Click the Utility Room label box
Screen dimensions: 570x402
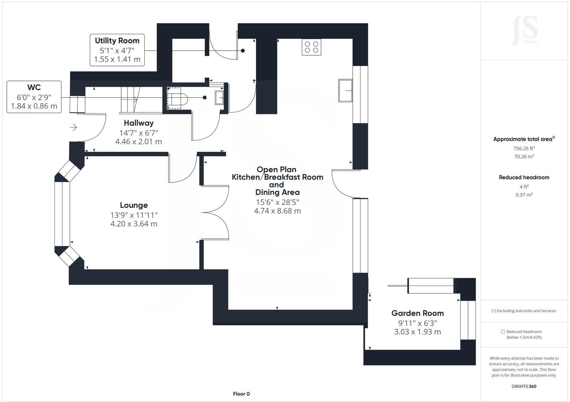[x=117, y=50]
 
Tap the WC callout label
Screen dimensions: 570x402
[x=34, y=97]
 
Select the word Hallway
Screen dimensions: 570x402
[x=139, y=123]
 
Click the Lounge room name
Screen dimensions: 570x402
[x=134, y=205]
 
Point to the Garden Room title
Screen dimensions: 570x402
[x=418, y=313]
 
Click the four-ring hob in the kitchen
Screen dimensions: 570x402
[x=311, y=47]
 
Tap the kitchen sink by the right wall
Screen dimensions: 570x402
[x=345, y=91]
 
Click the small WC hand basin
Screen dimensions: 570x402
[x=219, y=98]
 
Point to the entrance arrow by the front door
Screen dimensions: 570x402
[x=73, y=127]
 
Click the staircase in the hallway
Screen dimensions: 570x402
[x=130, y=99]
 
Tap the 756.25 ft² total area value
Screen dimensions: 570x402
[x=524, y=148]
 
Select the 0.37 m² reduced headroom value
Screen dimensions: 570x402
[x=524, y=195]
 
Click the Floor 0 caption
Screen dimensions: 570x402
[x=241, y=394]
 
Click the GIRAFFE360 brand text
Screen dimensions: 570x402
[x=524, y=386]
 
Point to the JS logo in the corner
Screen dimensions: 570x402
[x=524, y=31]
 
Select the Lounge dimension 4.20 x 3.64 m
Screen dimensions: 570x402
[x=134, y=224]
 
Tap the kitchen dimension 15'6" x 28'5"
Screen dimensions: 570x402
[x=278, y=202]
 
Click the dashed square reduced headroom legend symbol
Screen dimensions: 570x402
[x=503, y=331]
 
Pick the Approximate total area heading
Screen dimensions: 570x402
[x=524, y=139]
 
